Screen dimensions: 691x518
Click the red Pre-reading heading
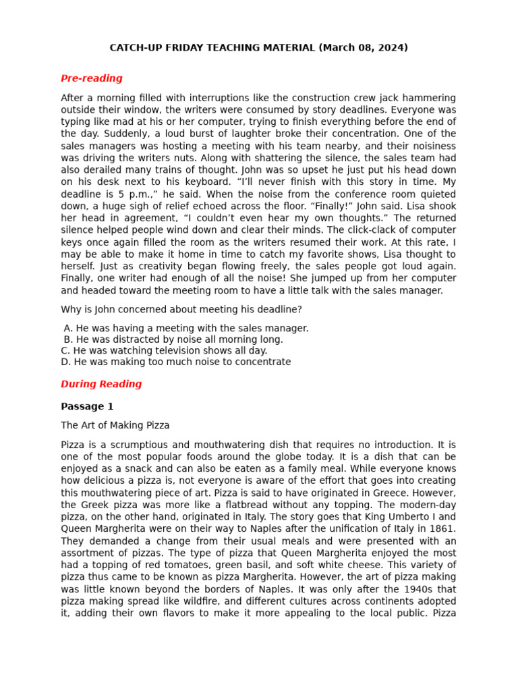pyautogui.click(x=91, y=78)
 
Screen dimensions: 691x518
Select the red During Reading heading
pyautogui.click(x=101, y=384)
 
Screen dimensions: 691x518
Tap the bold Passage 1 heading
pyautogui.click(x=87, y=406)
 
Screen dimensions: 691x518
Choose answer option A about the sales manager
pyautogui.click(x=185, y=329)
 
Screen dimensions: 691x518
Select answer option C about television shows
pyautogui.click(x=164, y=351)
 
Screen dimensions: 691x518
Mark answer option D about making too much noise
pyautogui.click(x=175, y=362)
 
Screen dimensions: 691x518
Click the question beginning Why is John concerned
pyautogui.click(x=181, y=310)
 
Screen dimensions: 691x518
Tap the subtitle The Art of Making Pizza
pyautogui.click(x=115, y=426)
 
